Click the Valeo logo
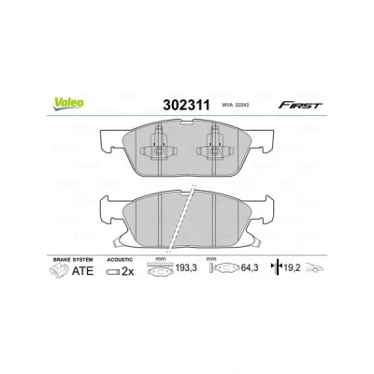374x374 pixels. [68, 104]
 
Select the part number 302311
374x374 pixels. [186, 105]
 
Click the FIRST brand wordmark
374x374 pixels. [300, 105]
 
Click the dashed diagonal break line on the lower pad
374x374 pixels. [181, 218]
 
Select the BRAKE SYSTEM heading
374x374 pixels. [73, 259]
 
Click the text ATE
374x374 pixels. [82, 271]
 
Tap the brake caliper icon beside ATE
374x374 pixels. [59, 270]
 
